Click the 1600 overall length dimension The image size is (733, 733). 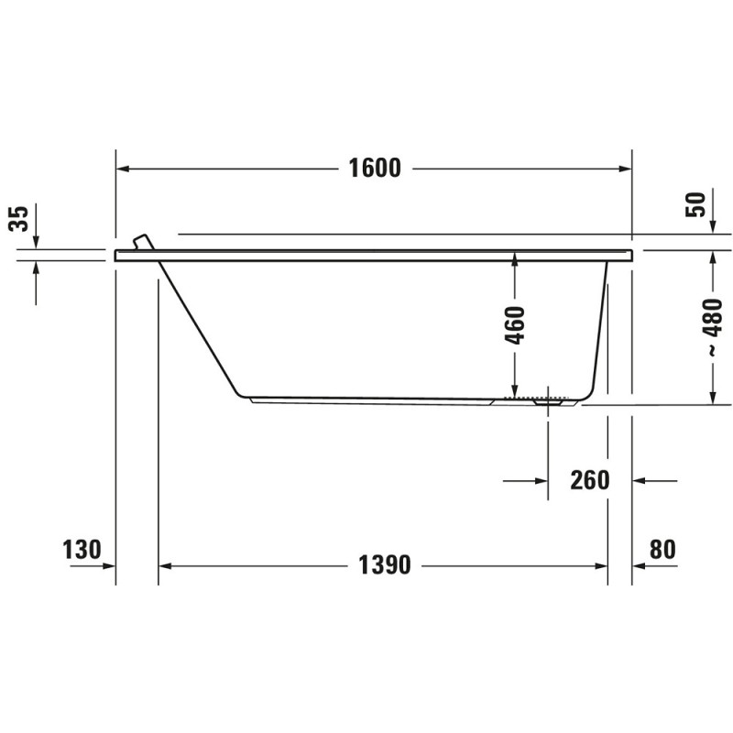(x=375, y=169)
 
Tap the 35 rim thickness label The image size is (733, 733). (x=19, y=218)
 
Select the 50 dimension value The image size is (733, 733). (x=695, y=204)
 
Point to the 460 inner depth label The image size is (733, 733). (x=515, y=325)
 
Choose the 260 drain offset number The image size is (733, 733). (x=590, y=480)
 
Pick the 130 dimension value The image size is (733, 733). (x=82, y=549)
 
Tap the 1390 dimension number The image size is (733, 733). (x=385, y=565)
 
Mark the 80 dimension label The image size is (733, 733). (x=662, y=549)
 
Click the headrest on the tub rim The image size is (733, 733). (x=144, y=242)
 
